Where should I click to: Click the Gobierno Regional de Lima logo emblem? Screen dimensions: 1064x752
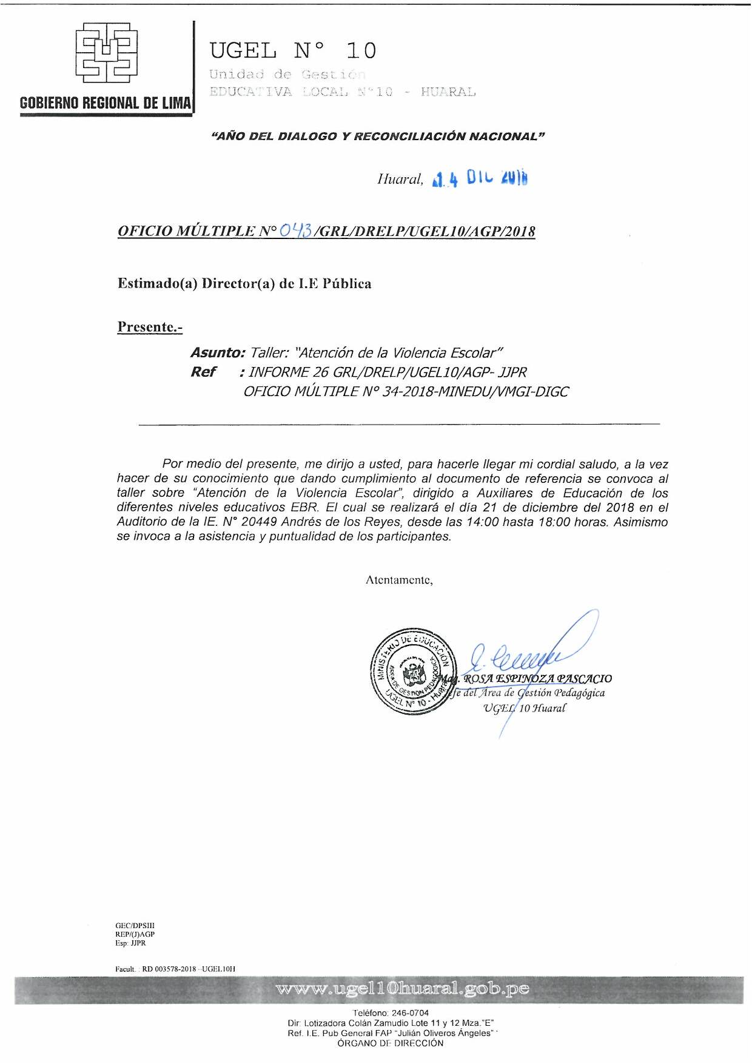click(106, 53)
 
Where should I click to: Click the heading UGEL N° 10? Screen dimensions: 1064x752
click(293, 51)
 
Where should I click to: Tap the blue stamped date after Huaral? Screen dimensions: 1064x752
click(480, 178)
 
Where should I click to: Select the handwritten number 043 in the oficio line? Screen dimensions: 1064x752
click(296, 231)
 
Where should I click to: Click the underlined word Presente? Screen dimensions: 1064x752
click(150, 327)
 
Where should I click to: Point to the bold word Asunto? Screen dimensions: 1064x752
click(218, 353)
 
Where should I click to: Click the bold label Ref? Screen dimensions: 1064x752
click(203, 372)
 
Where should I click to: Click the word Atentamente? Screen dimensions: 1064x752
click(399, 580)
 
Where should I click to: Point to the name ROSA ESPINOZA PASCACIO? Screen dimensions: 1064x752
click(537, 679)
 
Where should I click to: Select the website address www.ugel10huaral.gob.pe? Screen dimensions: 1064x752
click(403, 989)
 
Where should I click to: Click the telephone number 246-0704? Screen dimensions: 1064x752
click(410, 1013)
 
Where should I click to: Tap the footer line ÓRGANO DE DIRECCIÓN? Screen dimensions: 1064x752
click(391, 1043)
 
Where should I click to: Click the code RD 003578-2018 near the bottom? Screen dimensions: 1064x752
click(169, 969)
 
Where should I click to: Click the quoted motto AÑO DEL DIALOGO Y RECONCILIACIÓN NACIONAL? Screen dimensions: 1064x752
click(378, 136)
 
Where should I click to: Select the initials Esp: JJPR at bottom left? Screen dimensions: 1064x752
click(130, 943)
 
